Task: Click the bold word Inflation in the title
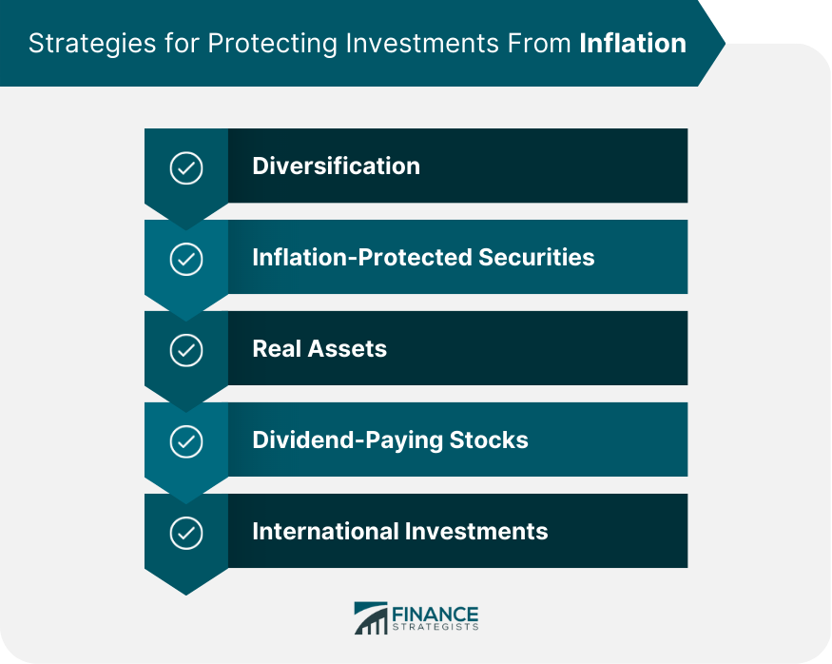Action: [x=632, y=43]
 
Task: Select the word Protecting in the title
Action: [x=273, y=44]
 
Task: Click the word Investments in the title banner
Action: [x=422, y=43]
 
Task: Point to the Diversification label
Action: [x=336, y=166]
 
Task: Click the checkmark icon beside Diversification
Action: [x=186, y=168]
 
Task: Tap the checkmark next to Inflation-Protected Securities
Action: [x=186, y=260]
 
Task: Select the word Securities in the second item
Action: [x=536, y=257]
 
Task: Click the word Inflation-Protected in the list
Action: [x=362, y=257]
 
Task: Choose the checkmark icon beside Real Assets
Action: [x=186, y=350]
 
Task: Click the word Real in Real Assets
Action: [x=277, y=349]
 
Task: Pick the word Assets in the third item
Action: [x=347, y=349]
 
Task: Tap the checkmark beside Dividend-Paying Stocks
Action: [x=186, y=441]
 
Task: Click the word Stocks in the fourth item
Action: [x=489, y=440]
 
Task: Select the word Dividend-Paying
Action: [x=348, y=441]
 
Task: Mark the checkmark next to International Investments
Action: [x=186, y=533]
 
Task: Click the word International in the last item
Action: [x=325, y=532]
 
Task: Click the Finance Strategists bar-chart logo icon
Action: [x=371, y=617]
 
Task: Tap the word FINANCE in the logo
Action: [x=435, y=615]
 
